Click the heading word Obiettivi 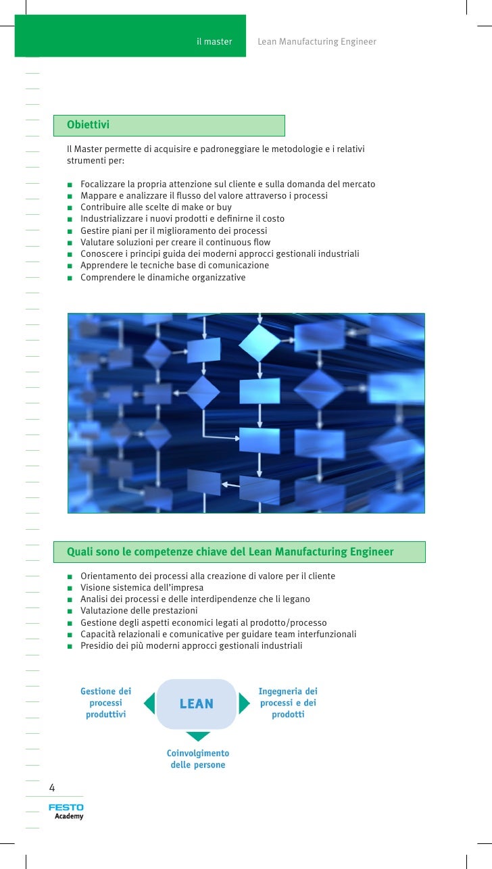tap(88, 125)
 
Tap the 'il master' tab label tap(214, 42)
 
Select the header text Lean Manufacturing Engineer tap(317, 42)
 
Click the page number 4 tap(52, 787)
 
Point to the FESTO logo tap(66, 808)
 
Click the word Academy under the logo tap(69, 816)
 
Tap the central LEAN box tap(196, 704)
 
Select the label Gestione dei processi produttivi tap(106, 703)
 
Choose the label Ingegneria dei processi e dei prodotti tap(288, 703)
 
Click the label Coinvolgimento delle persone tap(198, 759)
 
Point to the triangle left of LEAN tap(150, 703)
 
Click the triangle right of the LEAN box tap(244, 703)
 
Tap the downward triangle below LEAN tap(198, 736)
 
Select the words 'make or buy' tap(208, 207)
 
